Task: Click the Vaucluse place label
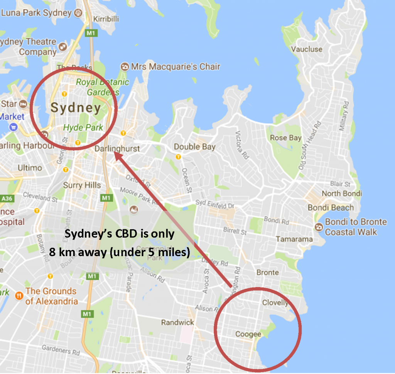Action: click(x=306, y=49)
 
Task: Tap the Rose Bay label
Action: click(x=285, y=138)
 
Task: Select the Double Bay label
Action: click(x=194, y=147)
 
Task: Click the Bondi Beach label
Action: click(x=331, y=208)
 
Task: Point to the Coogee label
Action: click(x=248, y=334)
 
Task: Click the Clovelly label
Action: click(x=275, y=303)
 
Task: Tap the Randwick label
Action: click(x=177, y=322)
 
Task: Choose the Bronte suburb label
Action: click(x=267, y=272)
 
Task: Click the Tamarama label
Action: click(x=294, y=239)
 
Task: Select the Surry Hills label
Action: click(x=82, y=185)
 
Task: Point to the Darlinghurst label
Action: click(x=117, y=149)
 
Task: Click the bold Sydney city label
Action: click(x=76, y=108)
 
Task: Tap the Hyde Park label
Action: click(x=83, y=127)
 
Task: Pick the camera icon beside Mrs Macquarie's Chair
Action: click(x=125, y=66)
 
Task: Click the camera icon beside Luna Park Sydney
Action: click(x=79, y=13)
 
